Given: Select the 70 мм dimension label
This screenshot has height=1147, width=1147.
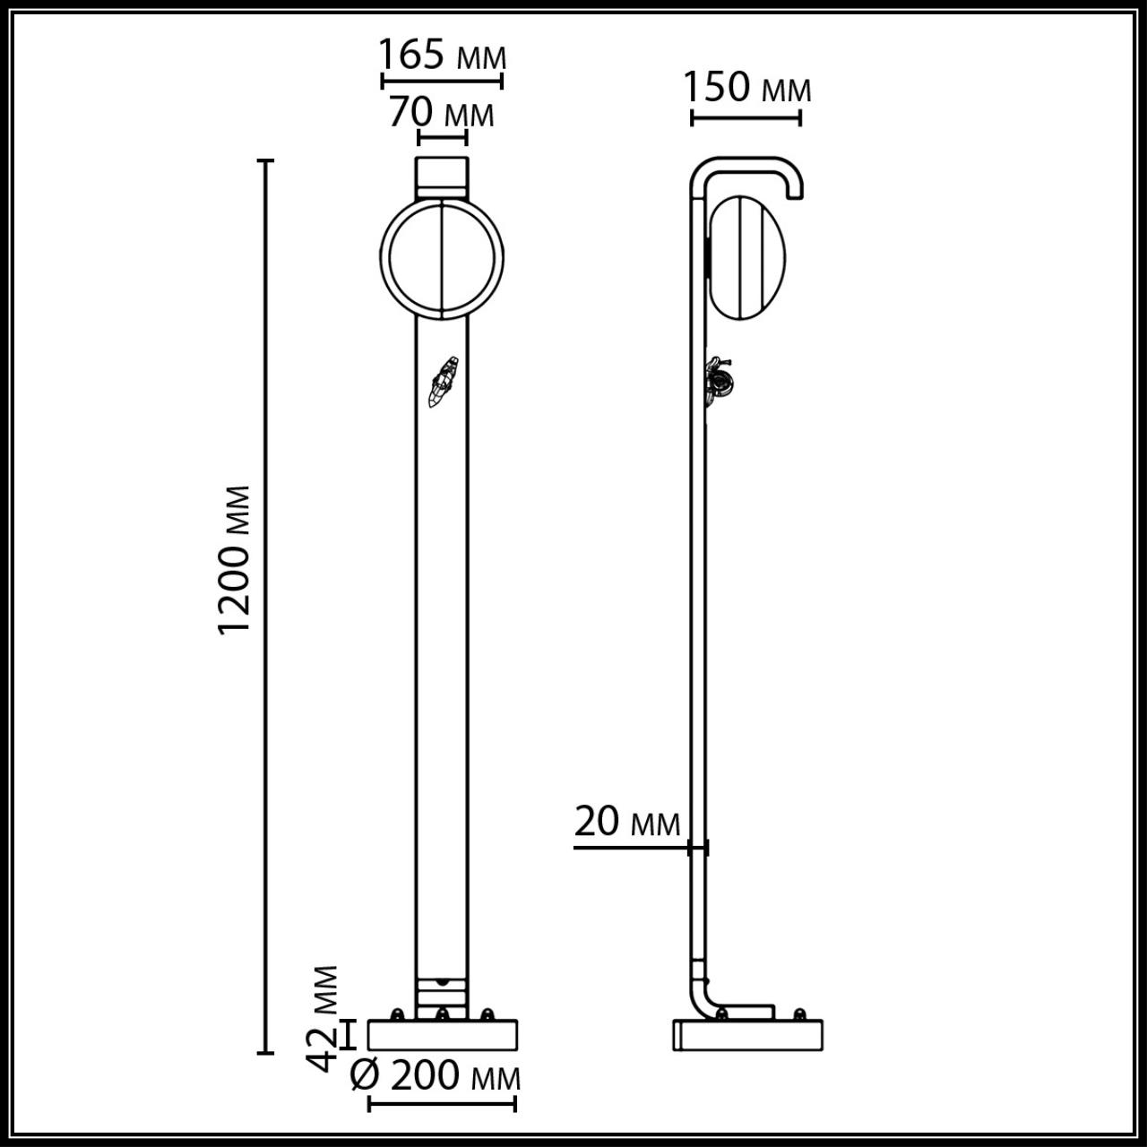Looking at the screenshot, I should coord(442,114).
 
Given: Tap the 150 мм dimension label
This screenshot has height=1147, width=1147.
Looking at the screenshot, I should coord(747,88).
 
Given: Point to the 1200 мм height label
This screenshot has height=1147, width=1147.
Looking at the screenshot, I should coord(236,560).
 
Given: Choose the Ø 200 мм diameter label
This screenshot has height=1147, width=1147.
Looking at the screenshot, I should coord(436,1076).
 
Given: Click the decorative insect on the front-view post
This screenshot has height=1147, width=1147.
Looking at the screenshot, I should coord(444,382).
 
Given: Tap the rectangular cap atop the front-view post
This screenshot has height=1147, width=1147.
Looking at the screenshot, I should coord(442,176).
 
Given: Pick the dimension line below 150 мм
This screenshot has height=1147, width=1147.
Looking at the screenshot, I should coord(746,116).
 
